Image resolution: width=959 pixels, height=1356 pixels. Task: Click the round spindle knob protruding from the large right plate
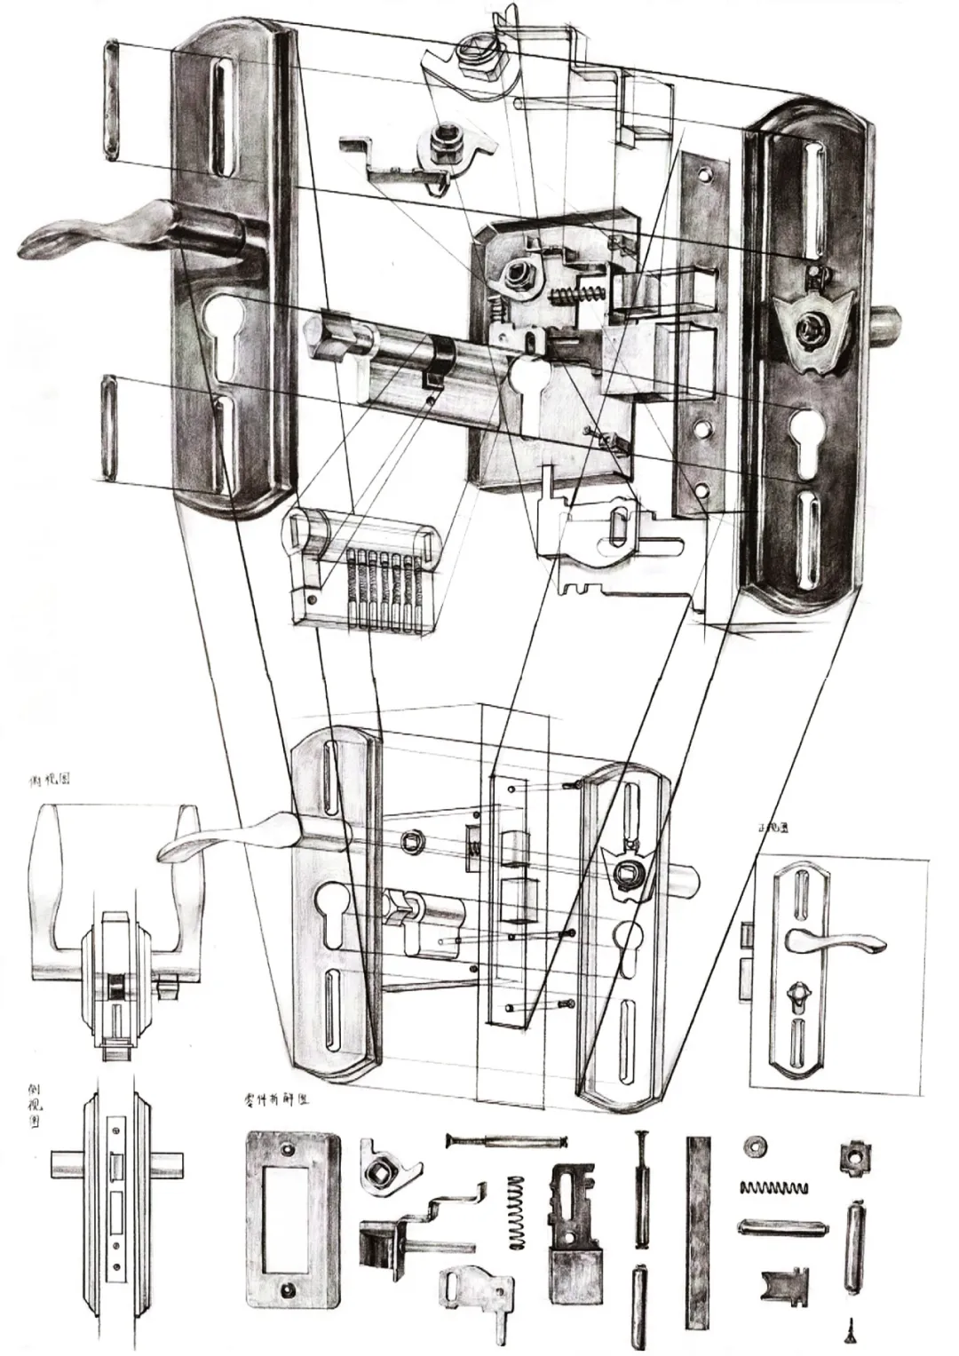pyautogui.click(x=888, y=327)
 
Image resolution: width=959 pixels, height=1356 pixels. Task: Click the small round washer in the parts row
pyautogui.click(x=757, y=1146)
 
